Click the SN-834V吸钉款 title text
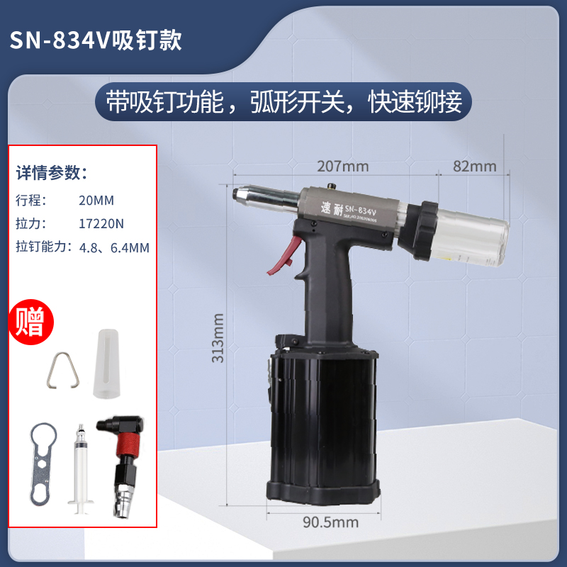point(95,40)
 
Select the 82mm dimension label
point(474,167)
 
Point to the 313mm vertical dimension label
point(220,338)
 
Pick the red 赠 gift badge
point(31,321)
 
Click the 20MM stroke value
point(96,200)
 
